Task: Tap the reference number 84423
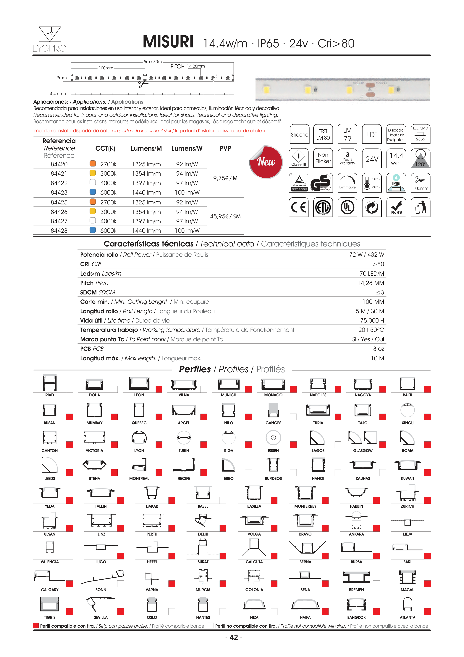tap(59, 193)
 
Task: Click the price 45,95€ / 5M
tap(225, 216)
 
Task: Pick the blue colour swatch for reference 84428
tap(93, 230)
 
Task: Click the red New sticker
tap(266, 162)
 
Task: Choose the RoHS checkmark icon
tap(396, 207)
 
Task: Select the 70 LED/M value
tap(372, 274)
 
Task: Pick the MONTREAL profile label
tap(139, 478)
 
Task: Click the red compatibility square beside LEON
tap(159, 389)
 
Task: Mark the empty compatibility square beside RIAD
tap(69, 389)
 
